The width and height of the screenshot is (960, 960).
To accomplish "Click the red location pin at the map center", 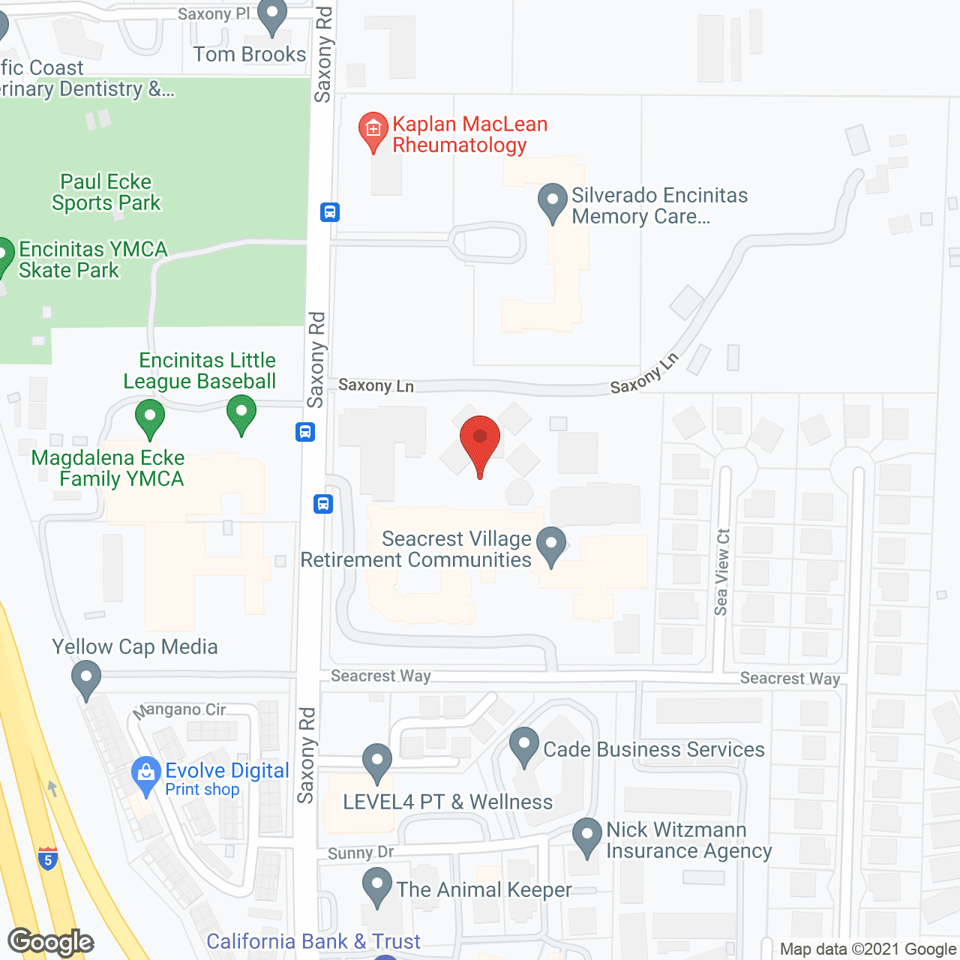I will tap(480, 439).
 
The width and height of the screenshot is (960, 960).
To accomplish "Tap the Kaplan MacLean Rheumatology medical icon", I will tap(373, 130).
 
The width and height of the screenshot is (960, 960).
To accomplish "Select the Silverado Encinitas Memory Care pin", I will tap(553, 202).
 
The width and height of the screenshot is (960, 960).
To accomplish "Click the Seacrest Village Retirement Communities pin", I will tap(552, 544).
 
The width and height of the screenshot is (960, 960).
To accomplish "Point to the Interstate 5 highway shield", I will tap(48, 858).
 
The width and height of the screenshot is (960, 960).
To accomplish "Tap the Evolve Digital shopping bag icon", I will tap(145, 775).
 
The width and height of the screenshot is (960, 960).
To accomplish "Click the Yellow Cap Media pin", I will tap(86, 677).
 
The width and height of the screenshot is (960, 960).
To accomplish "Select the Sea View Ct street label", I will tap(722, 571).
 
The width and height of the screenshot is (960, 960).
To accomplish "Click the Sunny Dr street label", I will tap(361, 853).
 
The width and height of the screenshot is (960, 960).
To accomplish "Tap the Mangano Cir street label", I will tap(180, 709).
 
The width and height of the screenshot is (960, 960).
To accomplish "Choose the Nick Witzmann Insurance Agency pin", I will tap(587, 835).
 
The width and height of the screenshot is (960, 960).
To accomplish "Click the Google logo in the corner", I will tap(51, 942).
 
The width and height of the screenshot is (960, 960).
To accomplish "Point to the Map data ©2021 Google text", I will tap(868, 949).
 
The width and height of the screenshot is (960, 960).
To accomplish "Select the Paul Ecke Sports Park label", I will tap(106, 193).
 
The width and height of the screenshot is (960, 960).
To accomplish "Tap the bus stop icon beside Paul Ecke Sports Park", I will tap(330, 212).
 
